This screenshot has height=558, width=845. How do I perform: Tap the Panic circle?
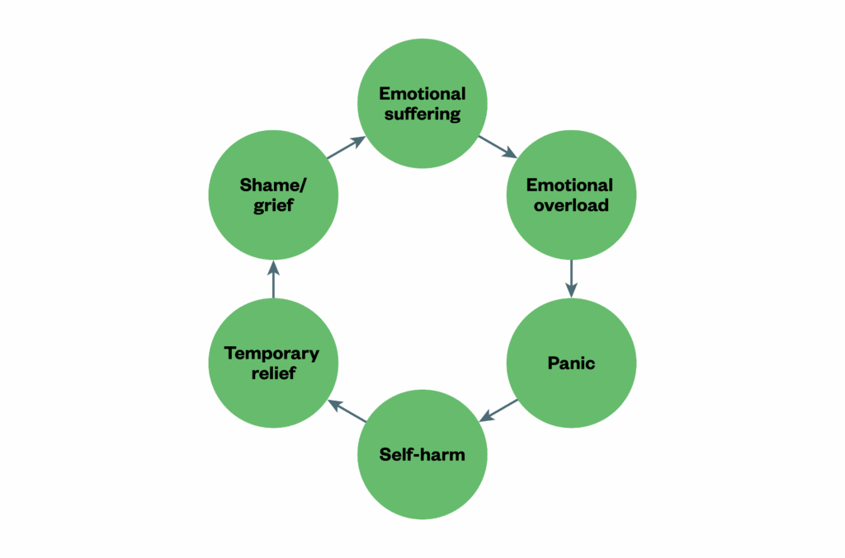click(571, 363)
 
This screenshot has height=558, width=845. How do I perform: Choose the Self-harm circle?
click(422, 455)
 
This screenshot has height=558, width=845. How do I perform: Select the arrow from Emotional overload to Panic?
click(571, 278)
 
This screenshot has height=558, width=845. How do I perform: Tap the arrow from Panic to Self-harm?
click(498, 410)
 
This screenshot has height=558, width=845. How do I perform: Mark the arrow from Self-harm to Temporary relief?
click(347, 410)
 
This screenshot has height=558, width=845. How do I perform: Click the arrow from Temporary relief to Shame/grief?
click(273, 279)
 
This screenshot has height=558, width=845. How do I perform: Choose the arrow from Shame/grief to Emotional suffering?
click(347, 147)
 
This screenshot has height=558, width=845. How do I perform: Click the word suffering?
click(422, 114)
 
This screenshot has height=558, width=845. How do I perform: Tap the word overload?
click(571, 204)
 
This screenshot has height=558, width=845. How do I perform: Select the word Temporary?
click(271, 354)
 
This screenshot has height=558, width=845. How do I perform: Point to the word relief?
click(273, 373)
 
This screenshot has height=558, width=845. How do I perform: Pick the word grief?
click(273, 205)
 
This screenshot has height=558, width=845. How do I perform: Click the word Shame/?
click(273, 185)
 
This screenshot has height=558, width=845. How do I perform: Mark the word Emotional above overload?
click(570, 184)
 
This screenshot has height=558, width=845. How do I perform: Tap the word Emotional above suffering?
click(422, 93)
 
